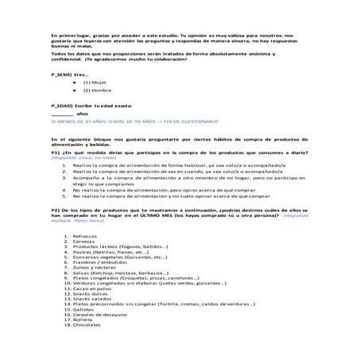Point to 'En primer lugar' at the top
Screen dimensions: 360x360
(x=69, y=36)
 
